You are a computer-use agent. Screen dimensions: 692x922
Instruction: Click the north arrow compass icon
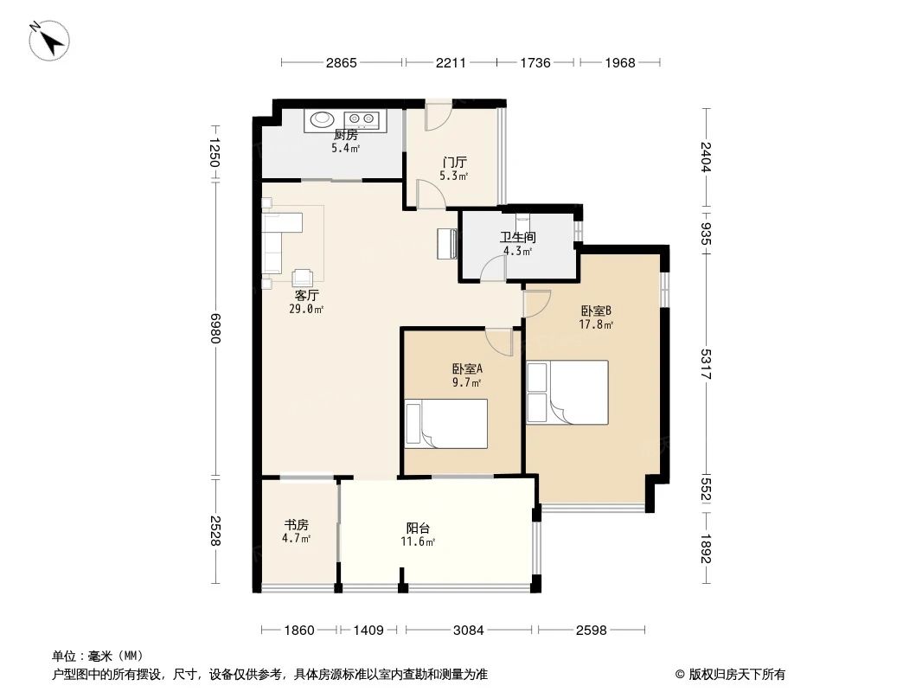49,40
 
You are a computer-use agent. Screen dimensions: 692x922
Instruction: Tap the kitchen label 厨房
345,135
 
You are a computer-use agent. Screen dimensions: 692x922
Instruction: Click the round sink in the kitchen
323,119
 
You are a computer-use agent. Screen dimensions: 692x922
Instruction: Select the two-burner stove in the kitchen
362,119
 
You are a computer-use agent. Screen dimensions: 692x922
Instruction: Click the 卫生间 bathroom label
517,237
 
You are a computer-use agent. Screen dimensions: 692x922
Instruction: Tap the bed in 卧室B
567,393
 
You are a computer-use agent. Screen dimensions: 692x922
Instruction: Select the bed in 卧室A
446,424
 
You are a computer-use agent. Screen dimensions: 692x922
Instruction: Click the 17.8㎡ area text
596,325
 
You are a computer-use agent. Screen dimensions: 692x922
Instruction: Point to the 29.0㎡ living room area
307,309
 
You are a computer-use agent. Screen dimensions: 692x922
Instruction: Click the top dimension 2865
342,62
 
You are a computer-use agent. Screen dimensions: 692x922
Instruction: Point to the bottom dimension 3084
470,631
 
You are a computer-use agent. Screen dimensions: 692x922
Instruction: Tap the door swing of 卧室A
501,341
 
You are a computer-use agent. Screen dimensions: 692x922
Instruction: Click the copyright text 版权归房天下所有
730,674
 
